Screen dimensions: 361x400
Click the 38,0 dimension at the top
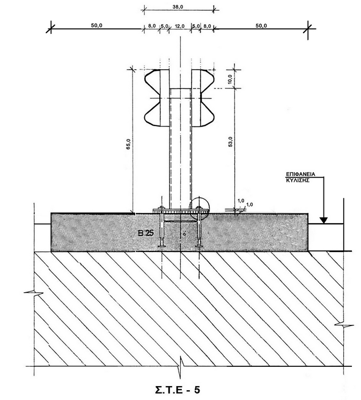(178, 7)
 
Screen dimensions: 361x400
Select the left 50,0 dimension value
(97, 26)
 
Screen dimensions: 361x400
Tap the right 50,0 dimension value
(261, 26)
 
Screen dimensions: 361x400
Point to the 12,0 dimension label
(180, 26)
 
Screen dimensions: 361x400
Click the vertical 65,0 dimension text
(129, 144)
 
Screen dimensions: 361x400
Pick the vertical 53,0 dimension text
(230, 142)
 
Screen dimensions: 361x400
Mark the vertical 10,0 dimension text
(230, 79)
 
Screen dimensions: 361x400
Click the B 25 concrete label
(146, 233)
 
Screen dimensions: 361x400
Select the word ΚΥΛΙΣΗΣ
(298, 180)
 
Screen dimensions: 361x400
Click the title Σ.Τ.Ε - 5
(178, 390)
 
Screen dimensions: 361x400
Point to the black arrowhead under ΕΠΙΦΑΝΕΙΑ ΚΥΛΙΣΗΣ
(323, 220)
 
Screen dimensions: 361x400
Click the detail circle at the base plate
(199, 207)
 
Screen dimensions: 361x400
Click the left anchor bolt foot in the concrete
(162, 246)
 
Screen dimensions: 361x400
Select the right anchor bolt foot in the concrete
(199, 246)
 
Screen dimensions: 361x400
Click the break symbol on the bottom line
(181, 367)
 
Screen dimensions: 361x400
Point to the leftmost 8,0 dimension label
(152, 26)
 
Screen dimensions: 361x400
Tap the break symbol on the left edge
(34, 293)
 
